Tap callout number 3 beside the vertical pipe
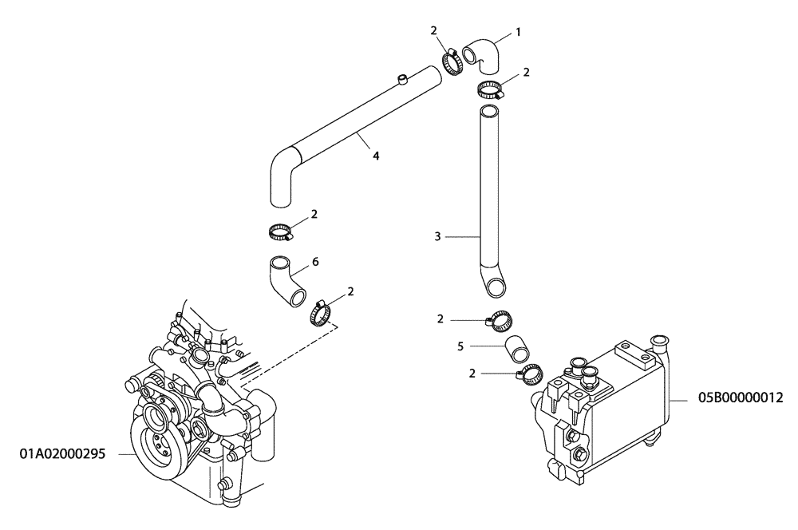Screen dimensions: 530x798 [438, 237]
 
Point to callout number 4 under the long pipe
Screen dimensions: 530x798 [375, 156]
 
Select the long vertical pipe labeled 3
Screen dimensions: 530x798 [488, 200]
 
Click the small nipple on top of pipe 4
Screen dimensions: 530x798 [403, 77]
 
